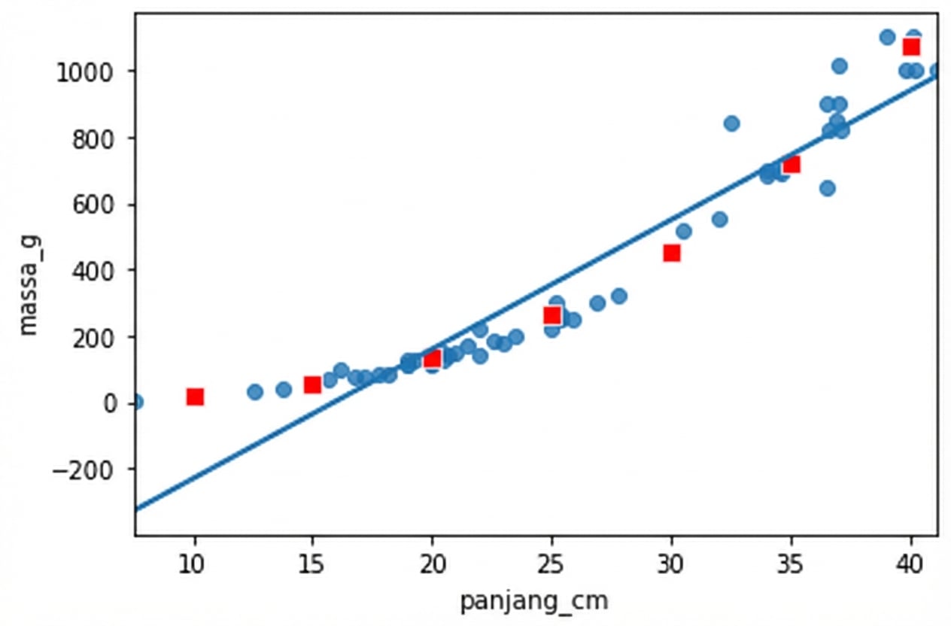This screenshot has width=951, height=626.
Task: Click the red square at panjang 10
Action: click(195, 397)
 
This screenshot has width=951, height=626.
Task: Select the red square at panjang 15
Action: click(313, 384)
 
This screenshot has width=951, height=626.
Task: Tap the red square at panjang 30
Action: click(672, 253)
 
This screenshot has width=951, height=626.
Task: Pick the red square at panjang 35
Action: click(791, 164)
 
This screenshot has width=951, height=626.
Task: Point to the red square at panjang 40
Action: click(911, 47)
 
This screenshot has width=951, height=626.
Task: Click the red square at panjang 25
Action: click(552, 315)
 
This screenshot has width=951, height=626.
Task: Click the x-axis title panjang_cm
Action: click(534, 602)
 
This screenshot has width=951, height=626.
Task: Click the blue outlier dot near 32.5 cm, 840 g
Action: click(731, 123)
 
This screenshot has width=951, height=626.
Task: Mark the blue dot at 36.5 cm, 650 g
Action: click(827, 188)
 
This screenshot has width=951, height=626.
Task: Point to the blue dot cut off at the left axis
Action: click(137, 402)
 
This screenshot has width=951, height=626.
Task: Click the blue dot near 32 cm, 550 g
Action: click(719, 220)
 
